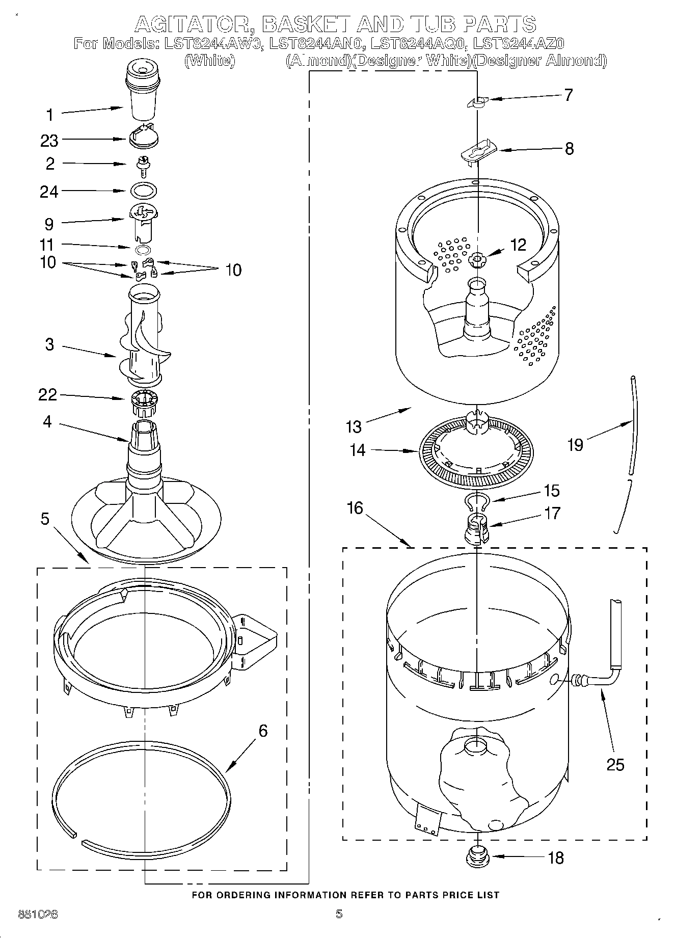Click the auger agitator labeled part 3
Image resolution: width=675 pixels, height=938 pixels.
(143, 336)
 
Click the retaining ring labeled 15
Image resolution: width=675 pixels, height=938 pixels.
(477, 502)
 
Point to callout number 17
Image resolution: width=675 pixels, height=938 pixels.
(552, 513)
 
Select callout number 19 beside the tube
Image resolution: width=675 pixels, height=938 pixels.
(575, 445)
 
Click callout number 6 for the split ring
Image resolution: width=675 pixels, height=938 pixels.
(263, 731)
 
